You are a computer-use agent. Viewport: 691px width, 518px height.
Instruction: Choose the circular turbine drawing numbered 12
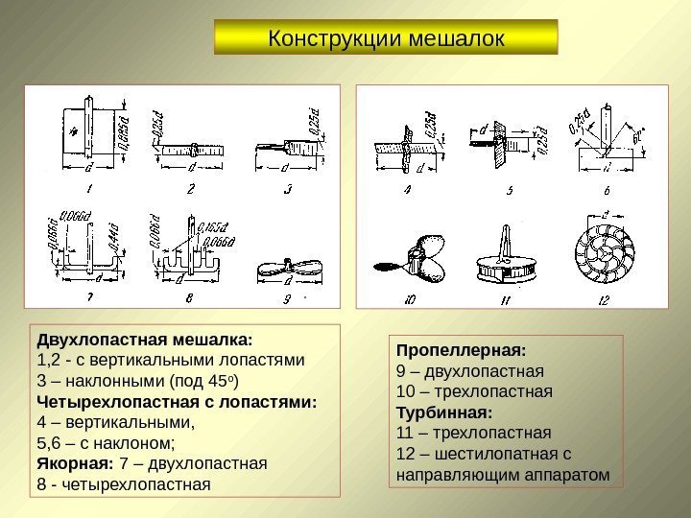click(x=602, y=255)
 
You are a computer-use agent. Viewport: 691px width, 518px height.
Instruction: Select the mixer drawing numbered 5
click(x=500, y=143)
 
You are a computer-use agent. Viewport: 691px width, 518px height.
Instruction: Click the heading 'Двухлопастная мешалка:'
click(x=144, y=340)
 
